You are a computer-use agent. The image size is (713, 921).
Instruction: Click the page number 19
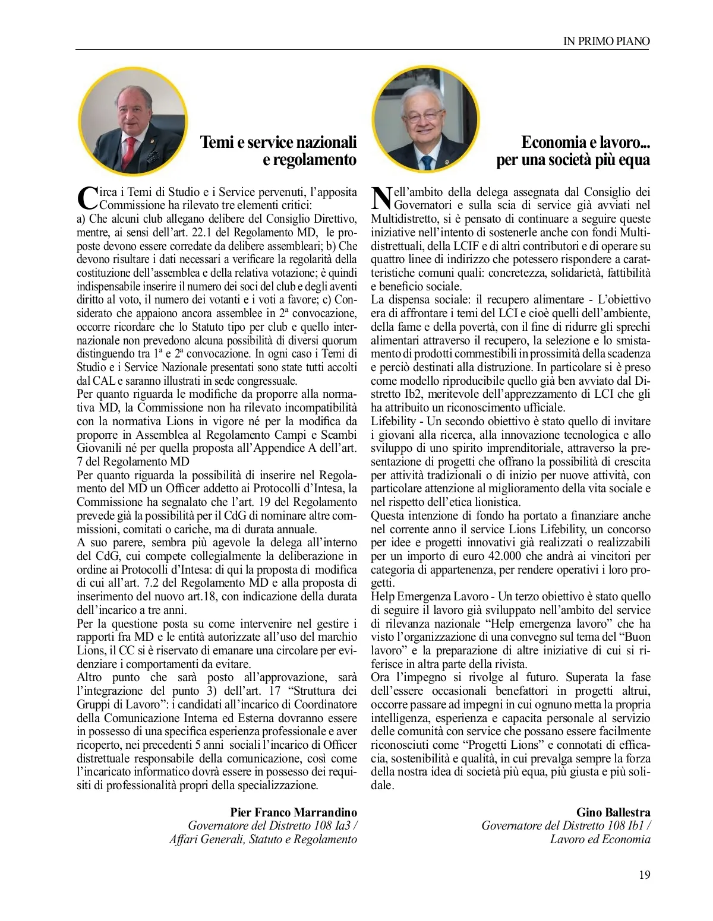click(x=644, y=875)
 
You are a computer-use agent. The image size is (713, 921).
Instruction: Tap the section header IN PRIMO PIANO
click(x=606, y=41)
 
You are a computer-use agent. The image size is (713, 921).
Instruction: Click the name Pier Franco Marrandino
click(x=294, y=812)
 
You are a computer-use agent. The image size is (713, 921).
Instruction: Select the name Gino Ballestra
click(x=613, y=812)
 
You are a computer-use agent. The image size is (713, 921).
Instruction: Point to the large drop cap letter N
click(x=381, y=198)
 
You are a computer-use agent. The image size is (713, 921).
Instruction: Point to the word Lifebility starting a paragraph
click(x=393, y=421)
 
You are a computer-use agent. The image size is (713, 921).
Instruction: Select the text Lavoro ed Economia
click(x=600, y=839)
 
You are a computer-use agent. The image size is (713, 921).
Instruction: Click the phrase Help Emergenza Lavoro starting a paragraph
click(x=429, y=596)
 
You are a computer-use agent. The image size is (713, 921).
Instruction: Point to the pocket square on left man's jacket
click(x=153, y=156)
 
